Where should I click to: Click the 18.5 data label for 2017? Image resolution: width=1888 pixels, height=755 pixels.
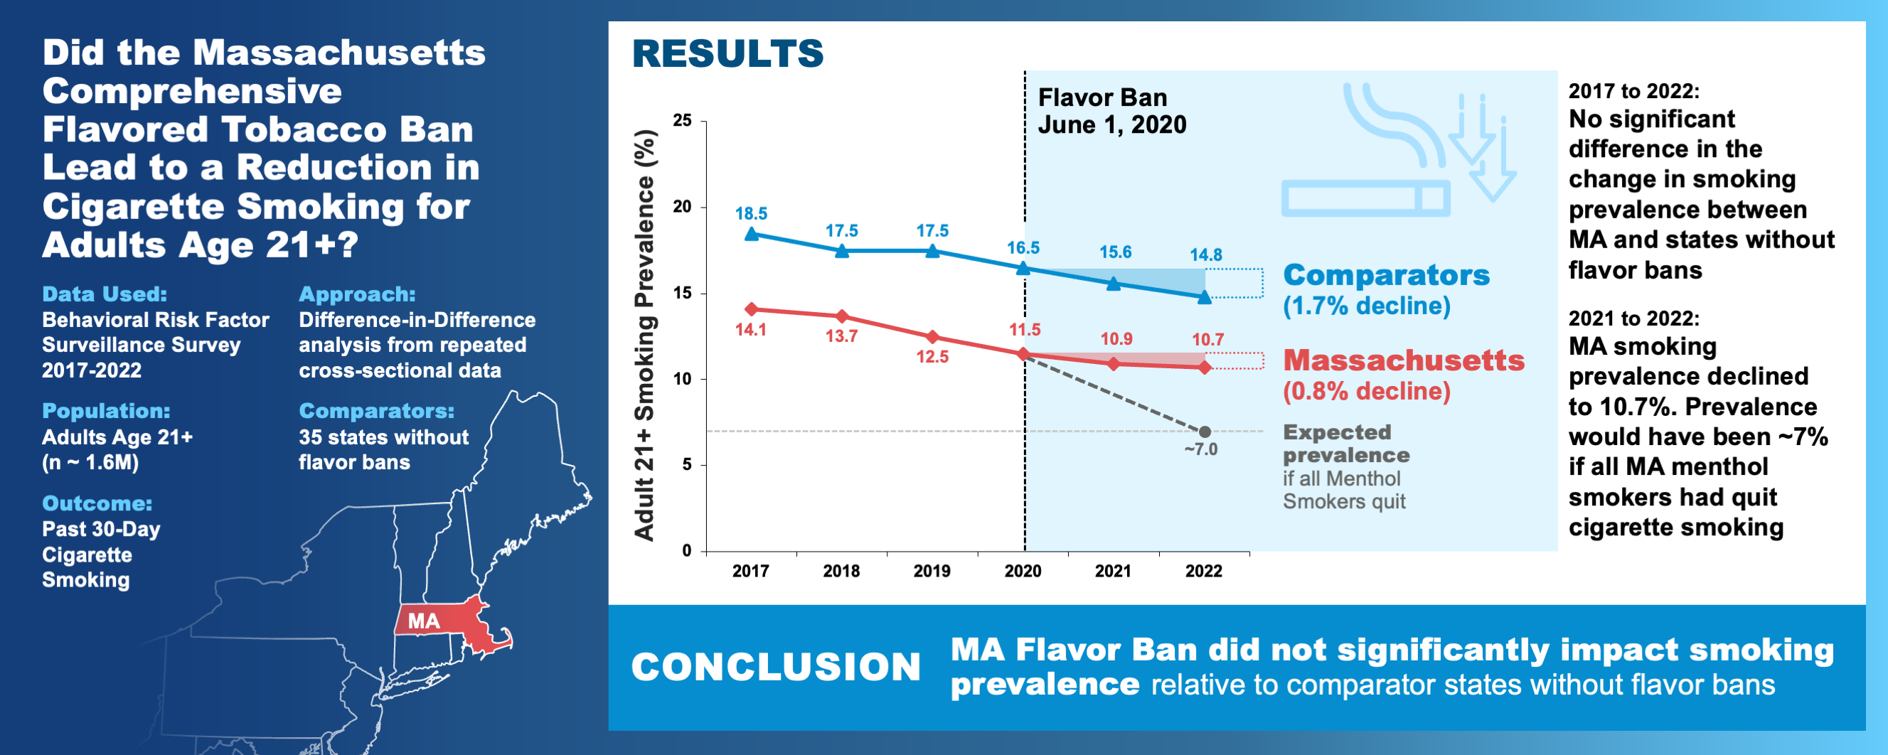point(750,213)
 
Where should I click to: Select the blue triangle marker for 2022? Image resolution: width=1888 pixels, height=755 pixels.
point(1204,297)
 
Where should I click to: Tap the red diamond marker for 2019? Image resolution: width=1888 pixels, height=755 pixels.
point(932,337)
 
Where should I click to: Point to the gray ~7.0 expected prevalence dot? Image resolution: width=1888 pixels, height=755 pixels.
point(1204,432)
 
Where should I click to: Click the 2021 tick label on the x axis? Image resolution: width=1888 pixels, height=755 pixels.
point(1113,571)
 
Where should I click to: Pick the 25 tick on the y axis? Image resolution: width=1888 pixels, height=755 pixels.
point(683,120)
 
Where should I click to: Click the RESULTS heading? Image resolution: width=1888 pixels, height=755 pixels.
point(727,53)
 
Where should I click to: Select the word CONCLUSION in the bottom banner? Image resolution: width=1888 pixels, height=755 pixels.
point(775,667)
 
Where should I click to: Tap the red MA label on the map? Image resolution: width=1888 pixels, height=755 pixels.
point(424,621)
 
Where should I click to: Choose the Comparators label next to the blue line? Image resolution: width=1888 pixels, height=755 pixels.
point(1386,275)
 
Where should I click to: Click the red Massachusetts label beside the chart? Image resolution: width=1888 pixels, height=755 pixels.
point(1404,360)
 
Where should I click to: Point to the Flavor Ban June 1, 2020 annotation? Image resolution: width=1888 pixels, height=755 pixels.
point(1111,112)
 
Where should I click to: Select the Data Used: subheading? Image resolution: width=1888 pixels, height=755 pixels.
point(105,294)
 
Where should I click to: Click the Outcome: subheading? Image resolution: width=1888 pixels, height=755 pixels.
point(97,503)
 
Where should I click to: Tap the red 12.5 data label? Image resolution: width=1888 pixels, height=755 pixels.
point(932,357)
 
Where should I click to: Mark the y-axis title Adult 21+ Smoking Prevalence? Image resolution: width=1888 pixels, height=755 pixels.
point(644,335)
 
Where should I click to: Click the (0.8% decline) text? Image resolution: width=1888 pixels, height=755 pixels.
point(1366,392)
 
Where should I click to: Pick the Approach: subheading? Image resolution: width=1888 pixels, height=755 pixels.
point(357,294)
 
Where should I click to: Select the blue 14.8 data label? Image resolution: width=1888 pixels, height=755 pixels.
point(1205,255)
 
